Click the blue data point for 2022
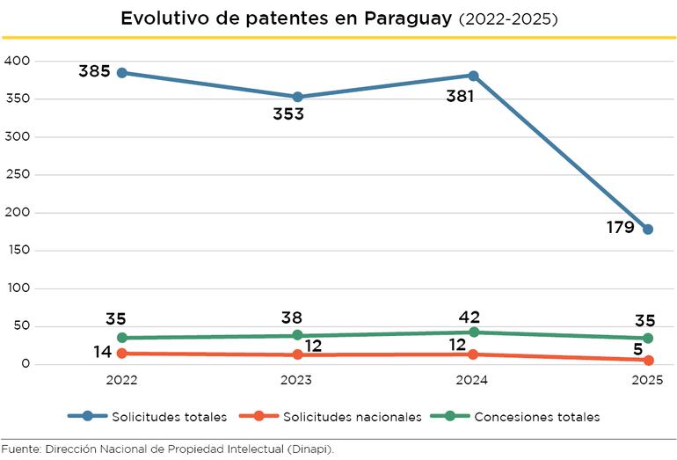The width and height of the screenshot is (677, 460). [x=122, y=73]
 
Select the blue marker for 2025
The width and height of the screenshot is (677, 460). [x=648, y=230]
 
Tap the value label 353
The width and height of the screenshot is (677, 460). [x=288, y=113]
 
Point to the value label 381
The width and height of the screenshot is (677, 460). [x=459, y=96]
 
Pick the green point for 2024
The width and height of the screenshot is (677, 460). [x=473, y=332]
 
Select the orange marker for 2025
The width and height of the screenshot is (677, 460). [x=648, y=360]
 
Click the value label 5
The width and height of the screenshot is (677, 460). [x=637, y=348]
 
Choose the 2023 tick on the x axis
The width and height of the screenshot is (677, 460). [x=297, y=381]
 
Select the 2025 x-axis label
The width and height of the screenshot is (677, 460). [x=647, y=381]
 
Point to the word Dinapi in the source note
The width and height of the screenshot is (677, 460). [x=314, y=449]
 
